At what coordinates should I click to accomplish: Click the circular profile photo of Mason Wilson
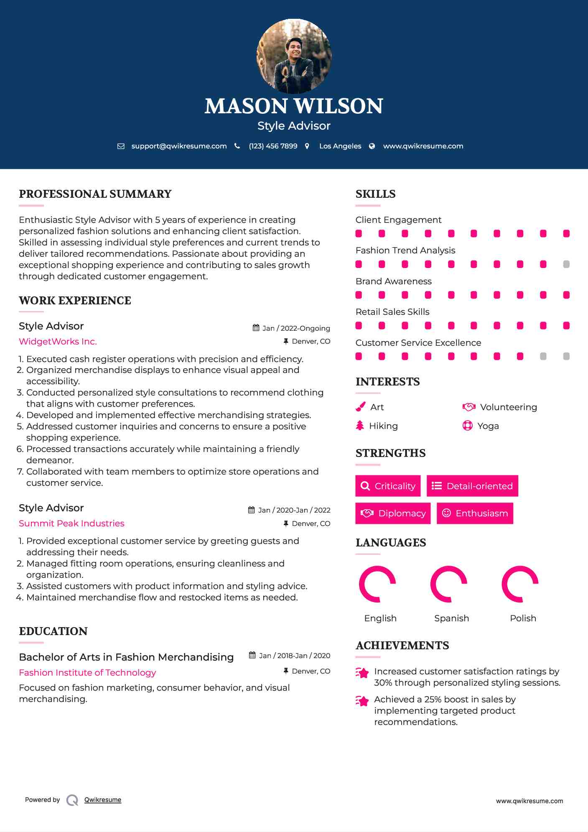(294, 56)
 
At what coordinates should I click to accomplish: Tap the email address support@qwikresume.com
(179, 146)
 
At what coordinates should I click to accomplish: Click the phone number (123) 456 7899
(273, 146)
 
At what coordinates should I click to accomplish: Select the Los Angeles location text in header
(340, 146)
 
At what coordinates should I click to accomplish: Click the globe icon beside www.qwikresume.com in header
(372, 146)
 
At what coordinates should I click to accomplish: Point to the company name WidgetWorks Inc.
(58, 342)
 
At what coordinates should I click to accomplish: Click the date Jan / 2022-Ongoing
(296, 328)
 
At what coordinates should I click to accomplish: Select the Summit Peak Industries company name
(71, 523)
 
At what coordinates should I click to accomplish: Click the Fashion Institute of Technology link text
(87, 673)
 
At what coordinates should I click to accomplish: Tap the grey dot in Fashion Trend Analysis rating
(566, 264)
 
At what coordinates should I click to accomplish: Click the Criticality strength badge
(388, 486)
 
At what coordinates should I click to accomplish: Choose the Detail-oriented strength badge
(472, 486)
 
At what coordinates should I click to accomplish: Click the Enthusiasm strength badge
(475, 513)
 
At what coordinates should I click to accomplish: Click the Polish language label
(523, 618)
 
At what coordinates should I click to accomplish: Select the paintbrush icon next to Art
(360, 407)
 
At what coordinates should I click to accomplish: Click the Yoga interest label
(488, 426)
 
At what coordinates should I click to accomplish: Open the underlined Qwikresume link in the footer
(103, 800)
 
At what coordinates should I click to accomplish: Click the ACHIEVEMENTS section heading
(402, 646)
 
